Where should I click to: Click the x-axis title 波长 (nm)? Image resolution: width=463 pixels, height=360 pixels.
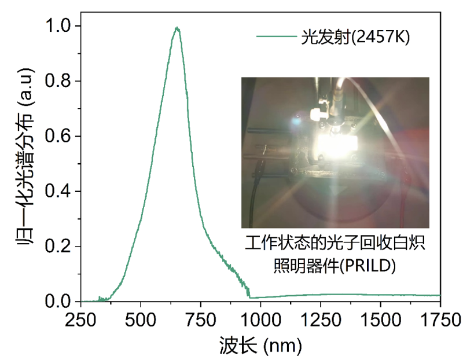pos(260,345)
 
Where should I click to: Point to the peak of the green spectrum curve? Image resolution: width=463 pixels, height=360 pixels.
pos(177,28)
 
